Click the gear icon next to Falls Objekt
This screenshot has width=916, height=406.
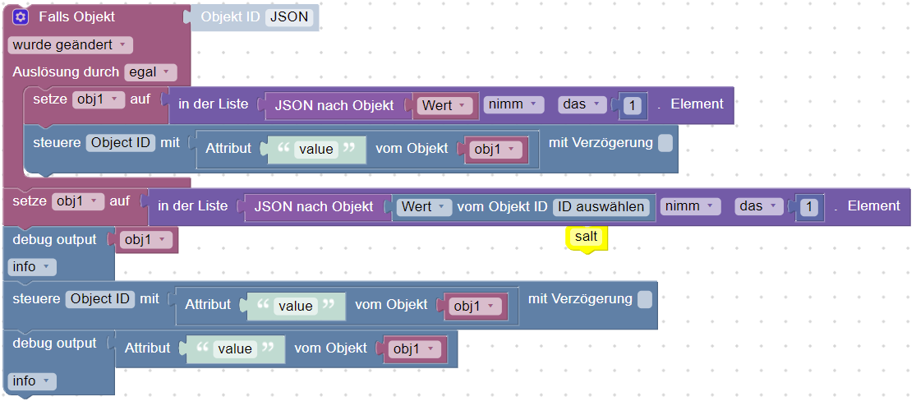21,17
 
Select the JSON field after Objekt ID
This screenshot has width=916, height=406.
289,17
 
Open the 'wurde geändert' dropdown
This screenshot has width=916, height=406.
70,44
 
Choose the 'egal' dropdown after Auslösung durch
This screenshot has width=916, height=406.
150,72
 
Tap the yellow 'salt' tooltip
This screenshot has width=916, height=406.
587,237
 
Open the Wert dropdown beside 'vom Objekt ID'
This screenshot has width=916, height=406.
424,206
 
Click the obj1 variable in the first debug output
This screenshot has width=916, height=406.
147,240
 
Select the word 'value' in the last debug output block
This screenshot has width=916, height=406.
234,348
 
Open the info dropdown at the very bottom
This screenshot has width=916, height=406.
33,381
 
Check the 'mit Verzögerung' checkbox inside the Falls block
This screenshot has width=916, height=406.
665,143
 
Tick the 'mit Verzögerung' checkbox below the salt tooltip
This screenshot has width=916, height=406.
645,299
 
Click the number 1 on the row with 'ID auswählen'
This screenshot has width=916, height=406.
809,207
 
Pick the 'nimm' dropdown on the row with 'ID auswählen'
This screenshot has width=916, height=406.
691,206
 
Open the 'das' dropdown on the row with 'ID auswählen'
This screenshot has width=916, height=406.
759,206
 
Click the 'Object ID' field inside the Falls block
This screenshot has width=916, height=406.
122,143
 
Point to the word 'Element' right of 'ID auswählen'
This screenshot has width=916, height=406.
873,205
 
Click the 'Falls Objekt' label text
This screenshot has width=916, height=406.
76,17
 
